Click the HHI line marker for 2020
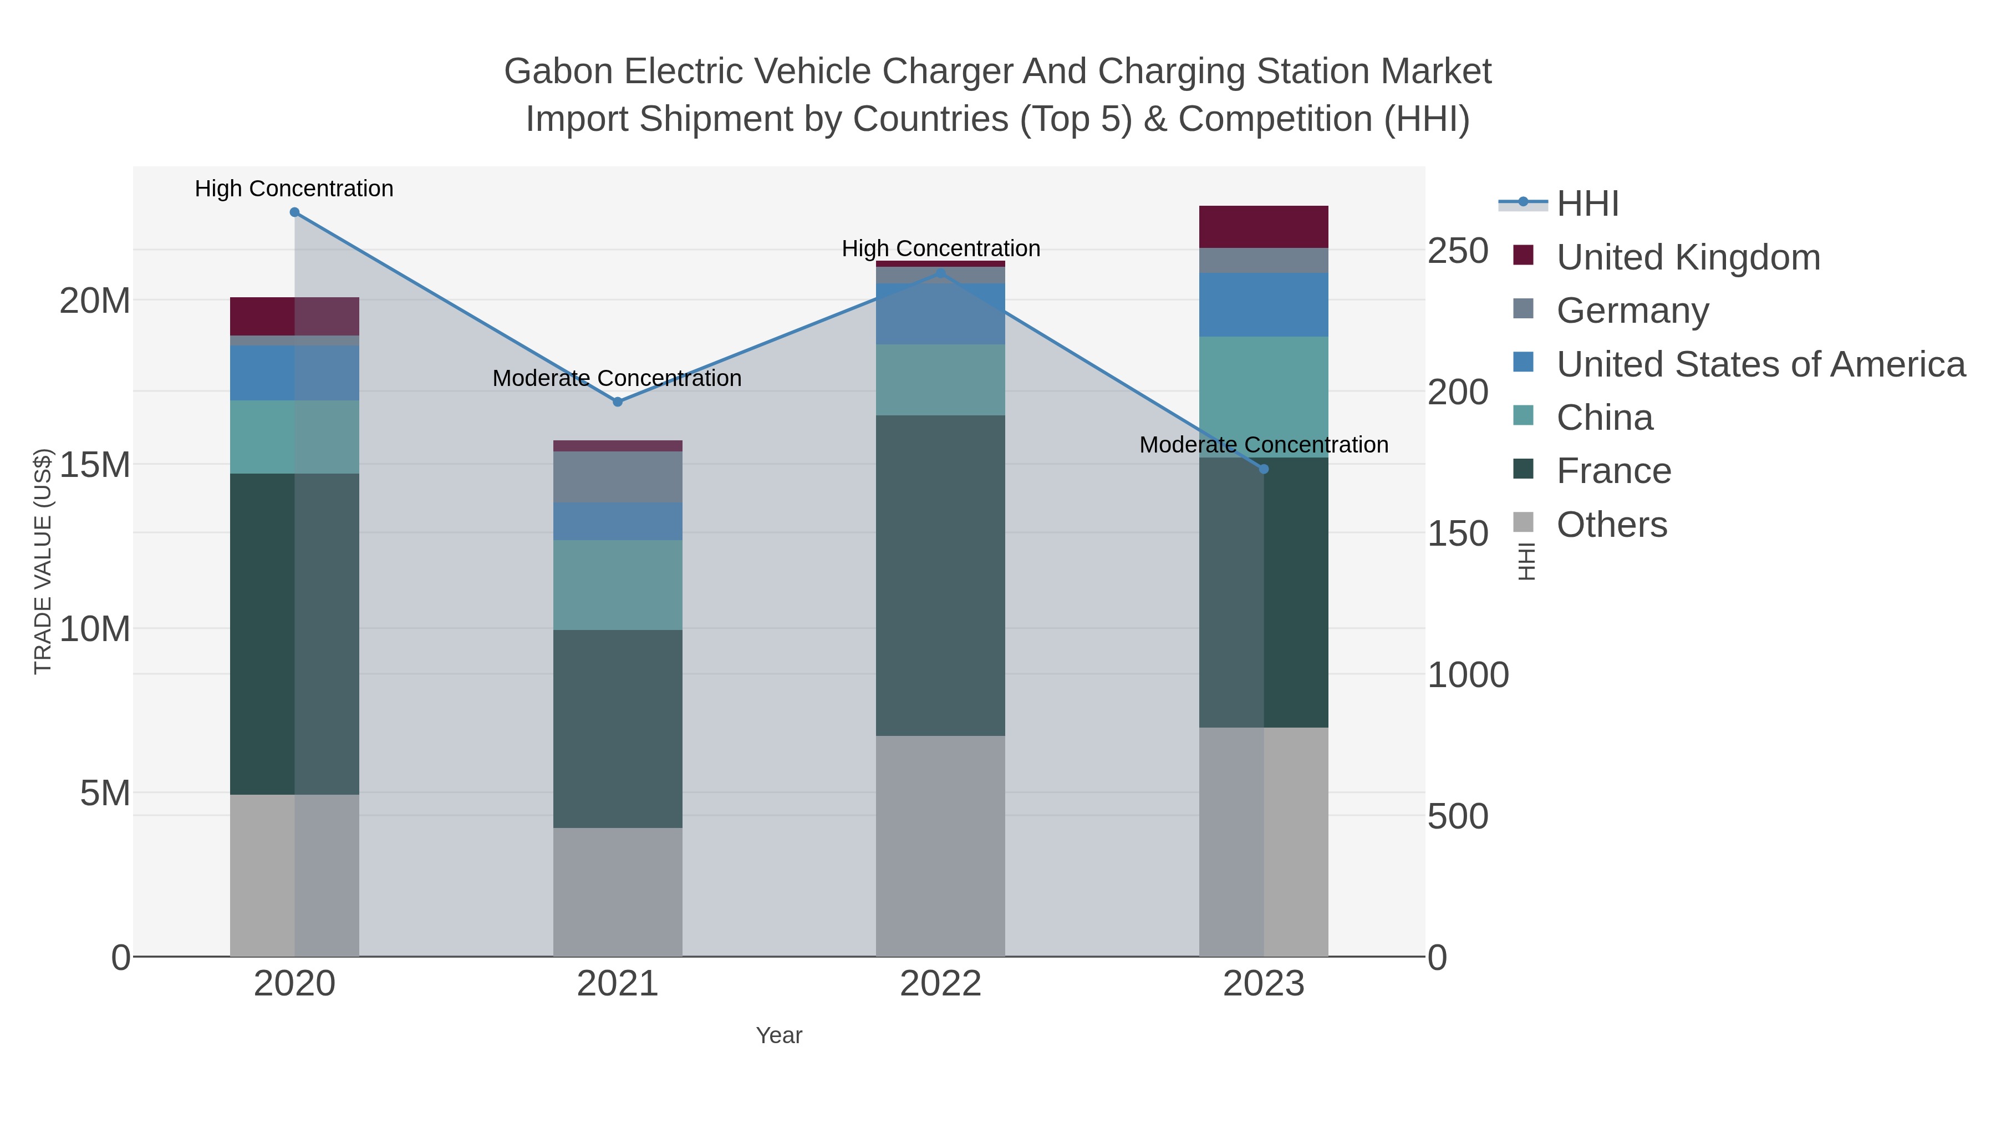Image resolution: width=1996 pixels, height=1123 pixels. [294, 212]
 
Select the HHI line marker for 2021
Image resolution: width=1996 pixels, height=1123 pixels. [618, 402]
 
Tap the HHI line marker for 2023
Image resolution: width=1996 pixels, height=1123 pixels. [1264, 469]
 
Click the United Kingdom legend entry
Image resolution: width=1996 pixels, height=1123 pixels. [1688, 257]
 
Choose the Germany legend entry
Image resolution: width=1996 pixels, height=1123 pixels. [1632, 311]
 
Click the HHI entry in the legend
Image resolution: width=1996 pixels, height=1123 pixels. [1587, 204]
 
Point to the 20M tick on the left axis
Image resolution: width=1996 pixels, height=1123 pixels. [94, 301]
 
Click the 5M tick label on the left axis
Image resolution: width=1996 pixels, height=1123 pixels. [105, 794]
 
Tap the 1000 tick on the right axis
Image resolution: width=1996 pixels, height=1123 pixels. [1468, 675]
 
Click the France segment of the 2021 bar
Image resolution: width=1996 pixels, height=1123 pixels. [618, 729]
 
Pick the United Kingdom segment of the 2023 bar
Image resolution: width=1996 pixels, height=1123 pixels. [1264, 227]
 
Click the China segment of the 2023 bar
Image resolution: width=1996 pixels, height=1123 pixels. [1264, 397]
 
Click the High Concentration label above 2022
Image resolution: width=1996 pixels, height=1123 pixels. [941, 249]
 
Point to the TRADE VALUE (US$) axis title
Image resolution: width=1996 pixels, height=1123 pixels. [43, 561]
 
